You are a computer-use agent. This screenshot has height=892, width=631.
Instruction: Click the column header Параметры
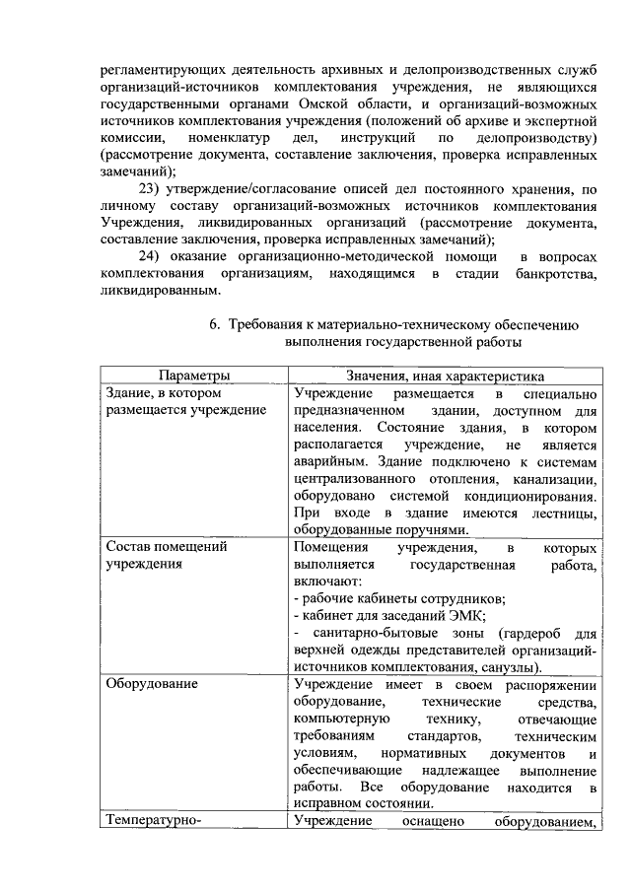pos(194,376)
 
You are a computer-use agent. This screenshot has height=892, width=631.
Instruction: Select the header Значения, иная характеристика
pos(443,376)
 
